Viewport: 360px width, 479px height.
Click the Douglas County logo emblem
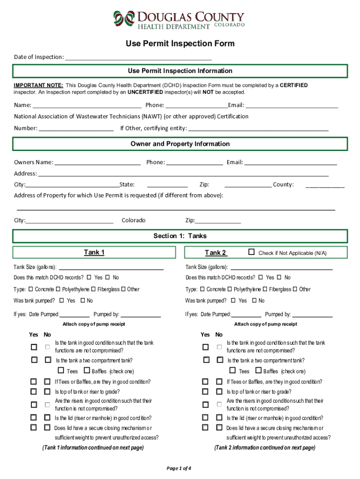pos(123,19)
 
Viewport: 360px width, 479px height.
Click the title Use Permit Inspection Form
pos(180,44)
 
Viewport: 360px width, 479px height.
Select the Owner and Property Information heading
pos(180,144)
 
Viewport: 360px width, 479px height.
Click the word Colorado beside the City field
pos(134,220)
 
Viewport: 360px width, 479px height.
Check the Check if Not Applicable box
pos(252,253)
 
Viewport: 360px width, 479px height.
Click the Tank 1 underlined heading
pos(94,253)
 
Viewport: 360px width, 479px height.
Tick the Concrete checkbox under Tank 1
pos(31,289)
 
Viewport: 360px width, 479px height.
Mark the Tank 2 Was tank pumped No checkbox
pos(254,301)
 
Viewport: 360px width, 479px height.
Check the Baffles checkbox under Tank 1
pos(87,371)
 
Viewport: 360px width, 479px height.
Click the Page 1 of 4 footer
pos(179,468)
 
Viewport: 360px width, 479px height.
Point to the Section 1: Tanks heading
pos(180,236)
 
